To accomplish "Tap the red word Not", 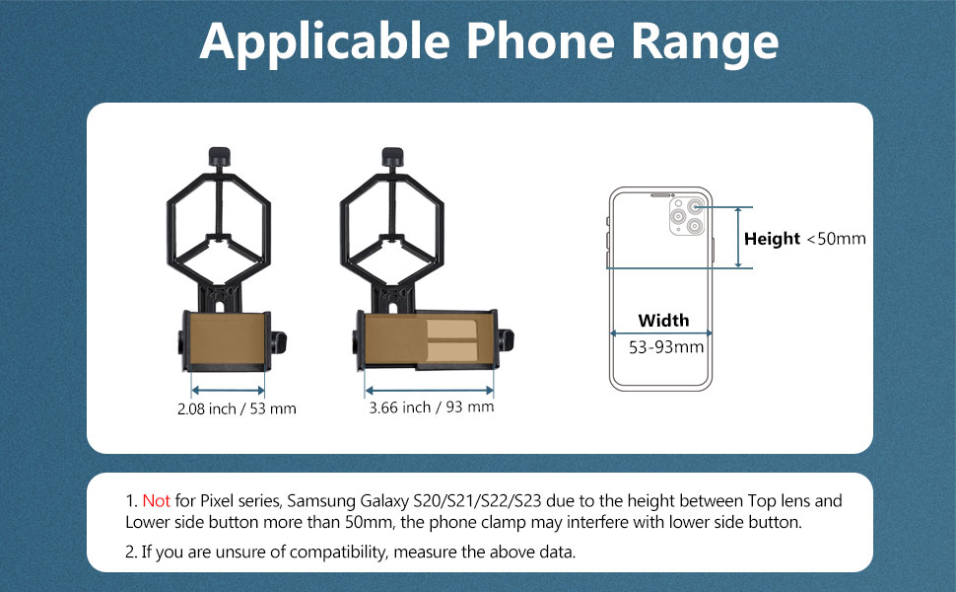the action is pyautogui.click(x=156, y=501).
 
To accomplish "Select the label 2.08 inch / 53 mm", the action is pyautogui.click(x=237, y=407).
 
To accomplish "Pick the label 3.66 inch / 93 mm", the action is pyautogui.click(x=431, y=407).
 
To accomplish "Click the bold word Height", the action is pyautogui.click(x=772, y=239).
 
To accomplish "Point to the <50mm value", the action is pyautogui.click(x=836, y=239).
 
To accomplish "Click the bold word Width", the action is pyautogui.click(x=663, y=320).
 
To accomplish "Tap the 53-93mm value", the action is pyautogui.click(x=666, y=346).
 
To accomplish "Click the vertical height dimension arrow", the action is pyautogui.click(x=738, y=238).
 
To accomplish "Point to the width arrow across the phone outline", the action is pyautogui.click(x=660, y=333).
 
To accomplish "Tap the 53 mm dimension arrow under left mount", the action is pyautogui.click(x=228, y=389).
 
